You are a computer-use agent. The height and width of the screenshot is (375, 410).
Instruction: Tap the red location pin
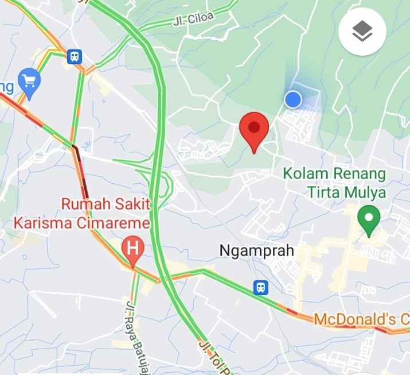pos(254,129)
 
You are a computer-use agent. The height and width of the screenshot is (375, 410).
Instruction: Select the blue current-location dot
pos(293,99)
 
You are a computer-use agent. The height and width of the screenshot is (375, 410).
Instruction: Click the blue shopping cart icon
pos(28,80)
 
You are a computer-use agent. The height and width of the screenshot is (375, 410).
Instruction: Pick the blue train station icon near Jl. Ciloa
pos(74,56)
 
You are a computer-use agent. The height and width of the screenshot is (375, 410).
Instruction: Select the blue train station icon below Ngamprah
pos(261,287)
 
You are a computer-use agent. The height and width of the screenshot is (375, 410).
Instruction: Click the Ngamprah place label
pos(257,250)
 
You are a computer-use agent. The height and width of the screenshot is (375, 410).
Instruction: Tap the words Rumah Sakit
pos(105,204)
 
